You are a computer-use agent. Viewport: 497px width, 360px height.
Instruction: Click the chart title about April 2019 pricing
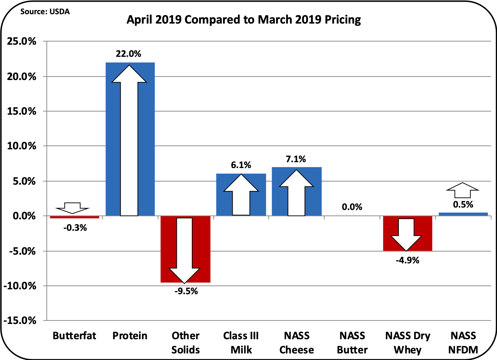click(243, 20)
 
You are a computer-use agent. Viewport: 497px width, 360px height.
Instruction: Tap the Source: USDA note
click(45, 11)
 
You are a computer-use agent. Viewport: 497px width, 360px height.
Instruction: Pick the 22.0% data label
click(128, 54)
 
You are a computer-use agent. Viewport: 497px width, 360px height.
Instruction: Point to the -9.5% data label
click(186, 291)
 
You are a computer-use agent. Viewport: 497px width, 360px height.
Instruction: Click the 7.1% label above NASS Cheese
click(296, 159)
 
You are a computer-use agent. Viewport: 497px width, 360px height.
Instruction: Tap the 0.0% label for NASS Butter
click(352, 207)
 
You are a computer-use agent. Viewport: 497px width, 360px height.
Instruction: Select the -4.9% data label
click(407, 260)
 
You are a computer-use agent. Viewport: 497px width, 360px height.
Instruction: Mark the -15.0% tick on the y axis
click(20, 321)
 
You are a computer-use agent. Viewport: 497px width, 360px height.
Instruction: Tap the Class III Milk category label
click(241, 342)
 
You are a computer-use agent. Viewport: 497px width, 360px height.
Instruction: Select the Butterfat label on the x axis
click(74, 336)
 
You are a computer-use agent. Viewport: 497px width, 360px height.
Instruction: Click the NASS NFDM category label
click(463, 342)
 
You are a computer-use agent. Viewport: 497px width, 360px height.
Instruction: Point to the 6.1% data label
click(241, 165)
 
